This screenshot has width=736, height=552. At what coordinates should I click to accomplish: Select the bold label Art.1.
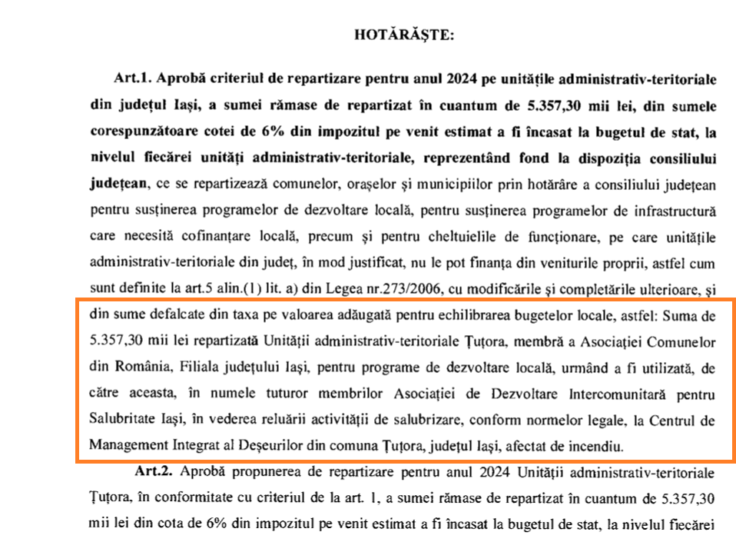[131, 79]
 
